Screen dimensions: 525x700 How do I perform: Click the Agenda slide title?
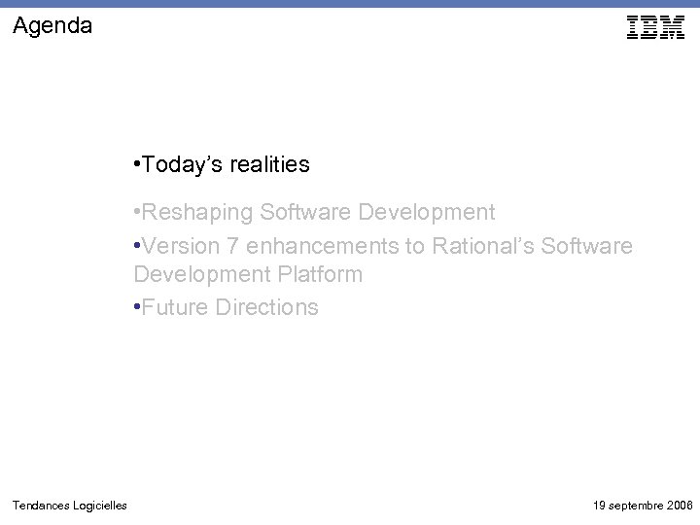tap(53, 26)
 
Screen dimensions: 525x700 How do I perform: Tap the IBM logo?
tap(656, 28)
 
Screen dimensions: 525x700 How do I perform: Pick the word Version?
tap(178, 246)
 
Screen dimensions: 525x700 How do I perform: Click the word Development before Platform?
tap(198, 275)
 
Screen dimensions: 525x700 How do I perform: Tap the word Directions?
tap(266, 308)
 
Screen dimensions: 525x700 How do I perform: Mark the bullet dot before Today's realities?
tap(137, 165)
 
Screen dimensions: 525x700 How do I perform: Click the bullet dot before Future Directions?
tap(137, 308)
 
